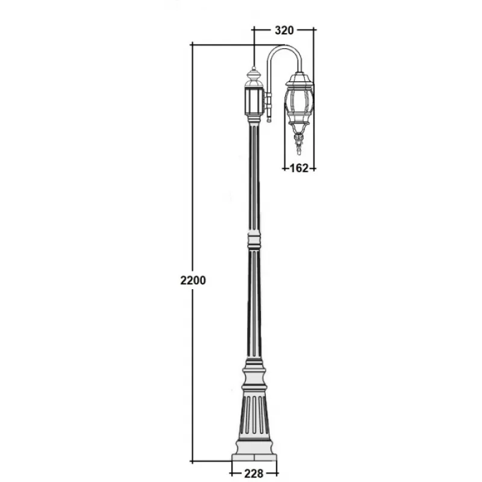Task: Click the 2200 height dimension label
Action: click(x=193, y=280)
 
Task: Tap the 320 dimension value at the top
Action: click(x=284, y=30)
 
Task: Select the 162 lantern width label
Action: click(x=299, y=168)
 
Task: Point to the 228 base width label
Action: click(x=254, y=474)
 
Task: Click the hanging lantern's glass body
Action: click(x=299, y=104)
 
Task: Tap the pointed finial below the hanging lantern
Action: click(x=298, y=144)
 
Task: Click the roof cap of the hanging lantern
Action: click(x=299, y=79)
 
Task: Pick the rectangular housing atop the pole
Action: click(x=254, y=101)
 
